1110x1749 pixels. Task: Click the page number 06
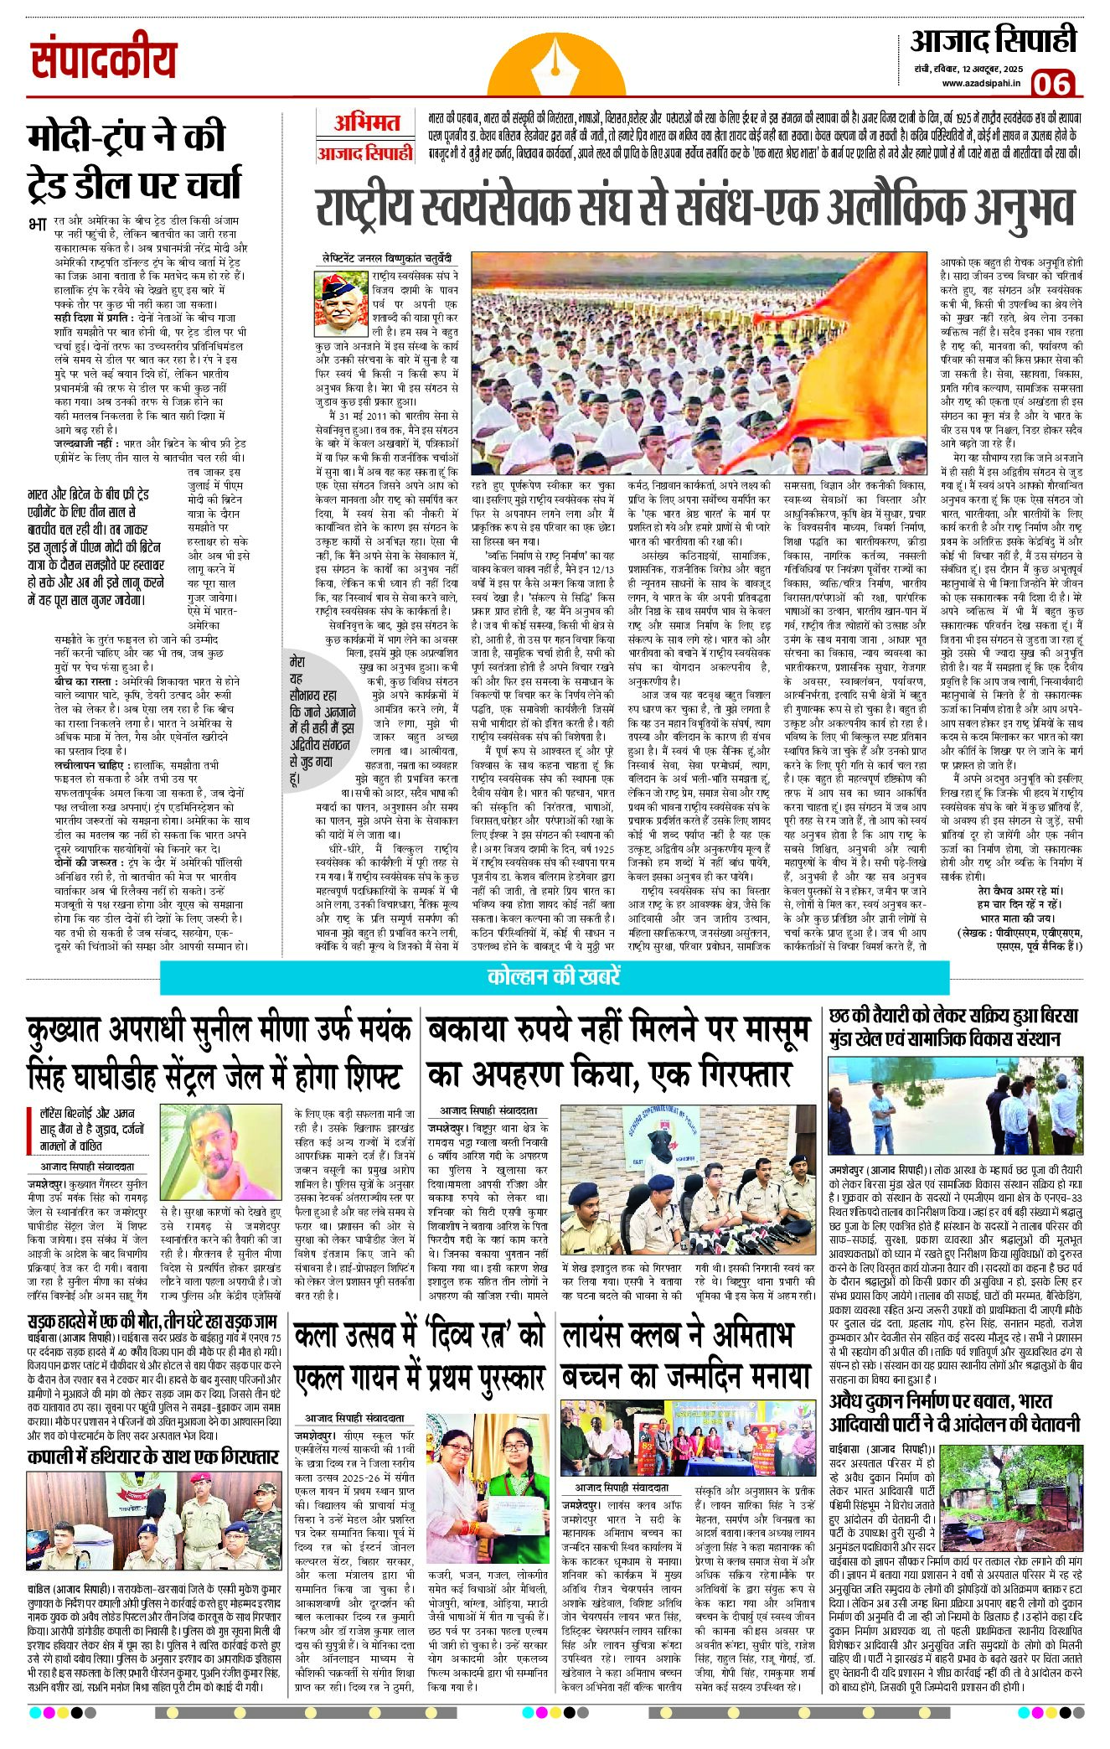pos(1051,83)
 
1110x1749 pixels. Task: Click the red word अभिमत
pos(366,123)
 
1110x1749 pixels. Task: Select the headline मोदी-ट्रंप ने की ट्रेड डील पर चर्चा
pos(134,159)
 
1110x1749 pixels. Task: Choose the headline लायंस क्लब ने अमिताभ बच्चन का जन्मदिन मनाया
pos(685,1355)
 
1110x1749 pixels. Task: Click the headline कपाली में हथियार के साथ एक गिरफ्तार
pos(152,1457)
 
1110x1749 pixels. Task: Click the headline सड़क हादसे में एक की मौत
pos(152,1322)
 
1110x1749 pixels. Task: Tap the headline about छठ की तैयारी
pos(953,1027)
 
